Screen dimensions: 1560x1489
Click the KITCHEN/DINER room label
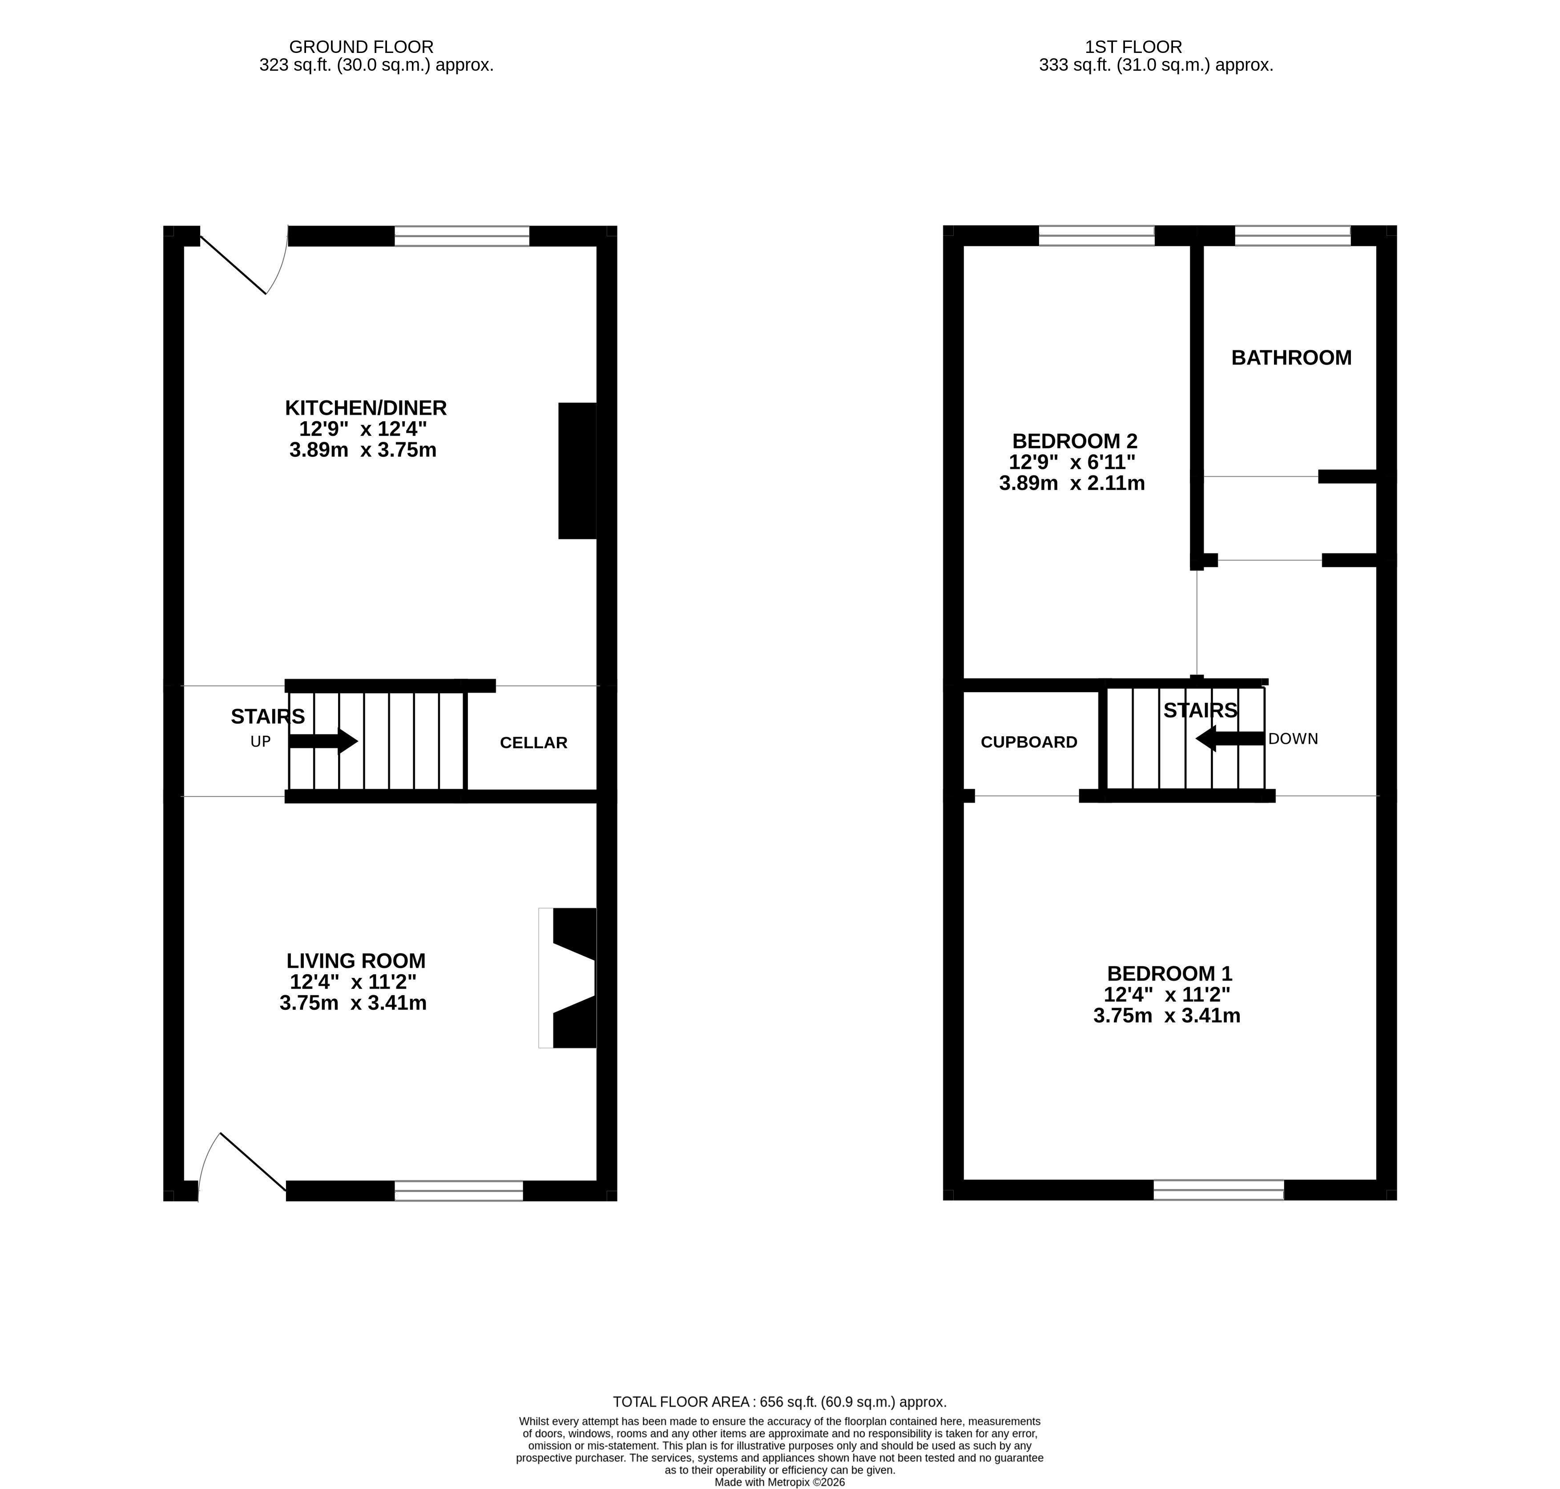[366, 408]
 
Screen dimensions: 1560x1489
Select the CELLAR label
[533, 743]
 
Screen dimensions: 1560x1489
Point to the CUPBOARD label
[1029, 742]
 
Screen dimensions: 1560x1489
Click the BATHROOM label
[1291, 358]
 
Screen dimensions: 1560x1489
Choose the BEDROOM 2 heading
[1074, 441]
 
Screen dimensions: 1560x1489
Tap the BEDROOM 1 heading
[1169, 974]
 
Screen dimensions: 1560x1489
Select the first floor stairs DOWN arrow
[1230, 738]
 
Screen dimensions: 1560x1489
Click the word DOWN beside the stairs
[1294, 739]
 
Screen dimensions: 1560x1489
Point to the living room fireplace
[567, 978]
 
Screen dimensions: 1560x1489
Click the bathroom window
[1293, 236]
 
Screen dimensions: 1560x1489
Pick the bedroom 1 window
[1219, 1190]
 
